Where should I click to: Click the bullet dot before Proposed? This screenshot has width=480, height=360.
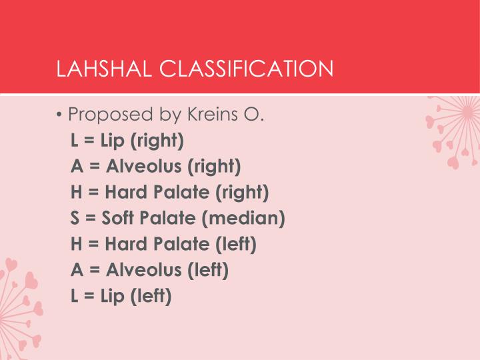click(60, 115)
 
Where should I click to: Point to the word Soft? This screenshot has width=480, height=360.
click(121, 218)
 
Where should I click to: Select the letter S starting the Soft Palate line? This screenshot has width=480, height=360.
click(75, 218)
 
